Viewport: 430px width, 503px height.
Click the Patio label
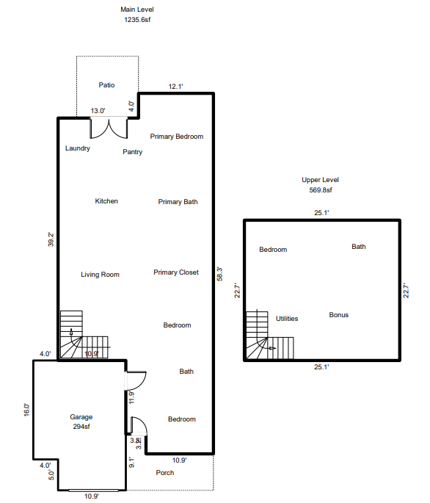(106, 85)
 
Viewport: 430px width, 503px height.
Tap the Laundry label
(78, 148)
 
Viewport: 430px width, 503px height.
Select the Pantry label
(132, 152)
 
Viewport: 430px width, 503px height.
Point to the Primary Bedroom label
(177, 137)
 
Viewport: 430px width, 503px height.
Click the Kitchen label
(106, 201)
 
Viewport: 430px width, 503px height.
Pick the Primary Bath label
(178, 202)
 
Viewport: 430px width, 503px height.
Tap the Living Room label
(100, 275)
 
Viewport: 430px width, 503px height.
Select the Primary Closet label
(176, 272)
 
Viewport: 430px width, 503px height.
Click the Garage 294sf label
(81, 421)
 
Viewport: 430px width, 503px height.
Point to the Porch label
(165, 472)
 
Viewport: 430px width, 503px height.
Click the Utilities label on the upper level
(287, 319)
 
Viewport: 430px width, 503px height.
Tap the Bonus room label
(338, 315)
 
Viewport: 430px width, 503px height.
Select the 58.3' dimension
(220, 274)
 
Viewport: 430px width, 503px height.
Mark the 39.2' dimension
(51, 239)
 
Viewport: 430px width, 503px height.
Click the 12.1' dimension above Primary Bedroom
(175, 87)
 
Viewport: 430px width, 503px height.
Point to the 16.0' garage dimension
(26, 410)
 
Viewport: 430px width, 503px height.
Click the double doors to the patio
(109, 129)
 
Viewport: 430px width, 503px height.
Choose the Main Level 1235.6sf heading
(137, 15)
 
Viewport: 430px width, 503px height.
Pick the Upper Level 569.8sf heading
(321, 185)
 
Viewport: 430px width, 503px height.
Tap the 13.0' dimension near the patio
(98, 111)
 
